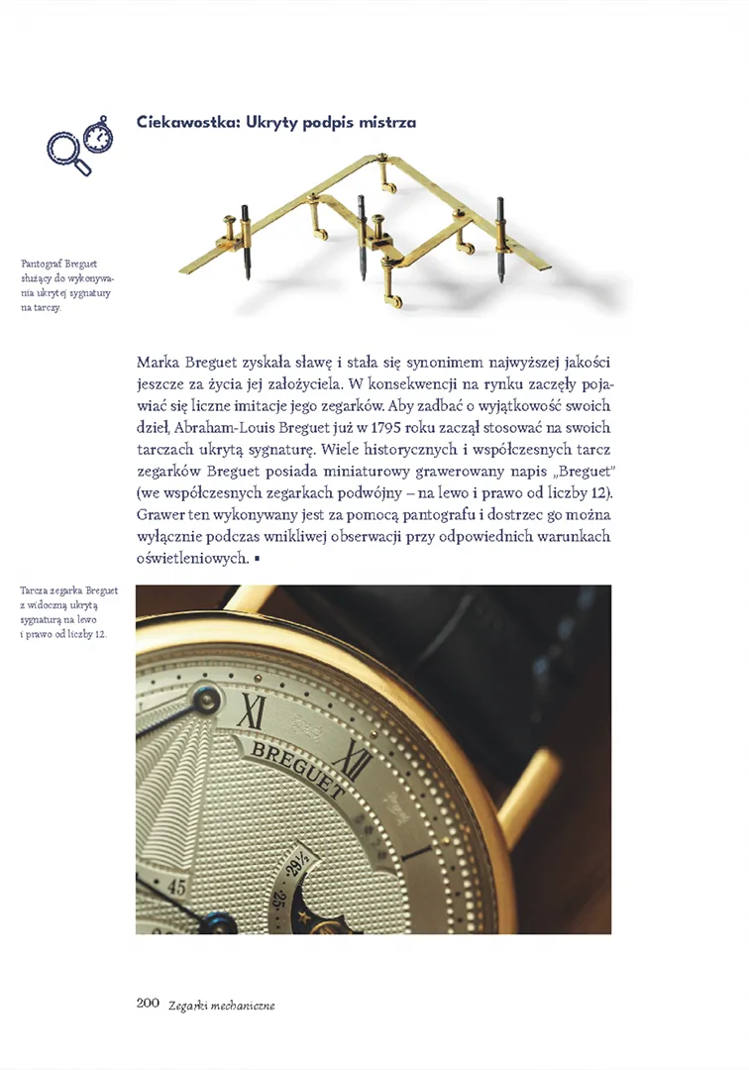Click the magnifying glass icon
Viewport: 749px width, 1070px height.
pyautogui.click(x=65, y=152)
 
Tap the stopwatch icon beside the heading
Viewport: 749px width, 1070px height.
pyautogui.click(x=97, y=135)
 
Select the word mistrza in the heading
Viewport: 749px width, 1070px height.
pyautogui.click(x=387, y=122)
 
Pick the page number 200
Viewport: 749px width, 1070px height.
pyautogui.click(x=148, y=1004)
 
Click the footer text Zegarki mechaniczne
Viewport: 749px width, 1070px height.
pyautogui.click(x=221, y=1005)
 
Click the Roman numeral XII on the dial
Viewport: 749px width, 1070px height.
pyautogui.click(x=353, y=760)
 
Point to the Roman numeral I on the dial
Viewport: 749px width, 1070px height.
pyautogui.click(x=254, y=709)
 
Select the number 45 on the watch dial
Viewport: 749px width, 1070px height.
pyautogui.click(x=177, y=885)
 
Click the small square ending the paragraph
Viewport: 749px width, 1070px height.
pyautogui.click(x=257, y=560)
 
